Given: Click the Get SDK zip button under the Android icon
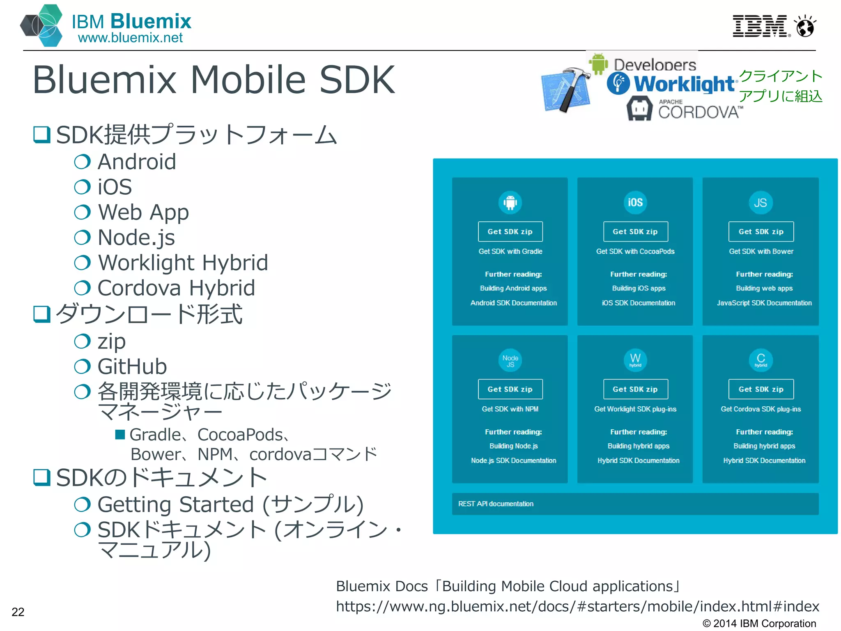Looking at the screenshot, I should (510, 232).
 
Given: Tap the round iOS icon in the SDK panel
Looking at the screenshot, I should (635, 203).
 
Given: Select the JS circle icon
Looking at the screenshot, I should (761, 203).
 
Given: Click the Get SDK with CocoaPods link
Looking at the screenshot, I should (635, 251).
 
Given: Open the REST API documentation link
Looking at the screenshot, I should (496, 504).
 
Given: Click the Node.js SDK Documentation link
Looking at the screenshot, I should (513, 461).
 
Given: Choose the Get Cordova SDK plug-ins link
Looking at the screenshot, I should (761, 409).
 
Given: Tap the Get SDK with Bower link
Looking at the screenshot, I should (761, 251).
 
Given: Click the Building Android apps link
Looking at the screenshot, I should (513, 288).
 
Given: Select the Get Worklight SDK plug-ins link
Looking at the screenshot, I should (635, 409).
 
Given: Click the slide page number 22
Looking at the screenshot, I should (18, 612).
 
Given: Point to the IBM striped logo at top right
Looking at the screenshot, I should (760, 26).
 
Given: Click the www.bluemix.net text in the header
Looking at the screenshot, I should (130, 38).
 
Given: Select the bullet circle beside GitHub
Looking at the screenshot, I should (82, 366).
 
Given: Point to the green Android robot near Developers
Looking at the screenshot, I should (598, 64).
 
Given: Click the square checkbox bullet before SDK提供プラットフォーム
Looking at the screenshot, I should (41, 135).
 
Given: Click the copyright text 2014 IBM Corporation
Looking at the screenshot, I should (759, 623).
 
